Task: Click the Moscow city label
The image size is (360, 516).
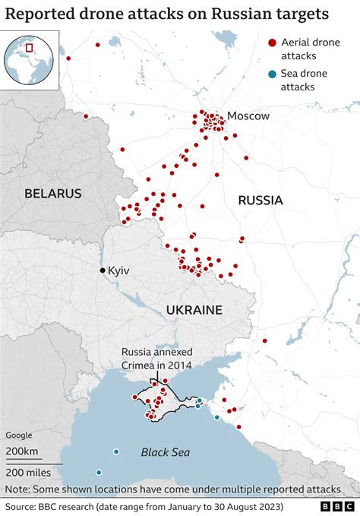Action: click(248, 116)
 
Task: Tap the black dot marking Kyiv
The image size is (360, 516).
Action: click(103, 271)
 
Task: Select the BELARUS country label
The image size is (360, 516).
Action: click(52, 193)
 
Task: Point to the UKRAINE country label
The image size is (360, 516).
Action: click(194, 310)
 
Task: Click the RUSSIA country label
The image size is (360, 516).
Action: click(260, 201)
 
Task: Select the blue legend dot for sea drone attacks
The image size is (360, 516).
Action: click(272, 74)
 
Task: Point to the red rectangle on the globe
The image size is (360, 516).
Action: click(30, 48)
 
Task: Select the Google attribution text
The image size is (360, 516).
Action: click(21, 435)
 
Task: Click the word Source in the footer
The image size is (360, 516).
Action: click(22, 506)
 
